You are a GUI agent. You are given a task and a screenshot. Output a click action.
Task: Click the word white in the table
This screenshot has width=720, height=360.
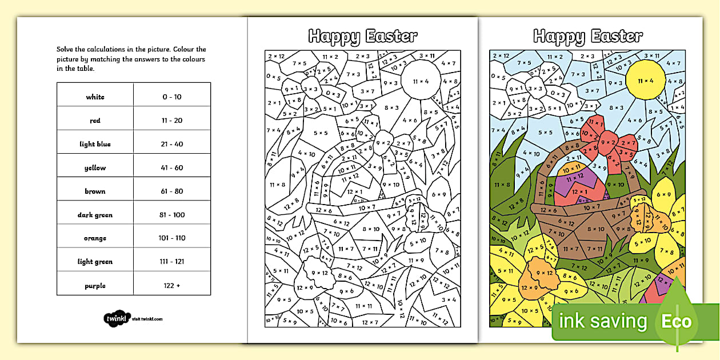pos(95,97)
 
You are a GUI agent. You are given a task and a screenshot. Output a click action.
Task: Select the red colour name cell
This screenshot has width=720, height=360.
pos(95,121)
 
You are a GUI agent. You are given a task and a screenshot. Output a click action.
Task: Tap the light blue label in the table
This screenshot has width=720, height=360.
pos(95,144)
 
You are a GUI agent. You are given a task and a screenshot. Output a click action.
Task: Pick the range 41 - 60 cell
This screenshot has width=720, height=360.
pos(172,168)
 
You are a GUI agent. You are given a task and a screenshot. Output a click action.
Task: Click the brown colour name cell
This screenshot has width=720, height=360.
pos(95,191)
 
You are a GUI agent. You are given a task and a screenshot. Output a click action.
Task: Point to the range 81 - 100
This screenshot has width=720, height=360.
pos(172,215)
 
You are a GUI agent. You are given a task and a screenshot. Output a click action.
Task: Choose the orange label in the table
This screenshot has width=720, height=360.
pos(95,238)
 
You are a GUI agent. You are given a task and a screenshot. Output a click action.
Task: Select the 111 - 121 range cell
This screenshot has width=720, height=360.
pos(172,262)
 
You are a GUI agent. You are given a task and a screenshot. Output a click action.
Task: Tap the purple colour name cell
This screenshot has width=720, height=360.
pos(95,286)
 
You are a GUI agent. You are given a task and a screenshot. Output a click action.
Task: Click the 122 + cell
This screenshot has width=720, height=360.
pos(172,286)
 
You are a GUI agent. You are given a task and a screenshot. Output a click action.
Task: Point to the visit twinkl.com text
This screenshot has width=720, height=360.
pos(147,319)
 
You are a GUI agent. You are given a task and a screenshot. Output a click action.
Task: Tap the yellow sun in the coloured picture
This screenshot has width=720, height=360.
pos(646,81)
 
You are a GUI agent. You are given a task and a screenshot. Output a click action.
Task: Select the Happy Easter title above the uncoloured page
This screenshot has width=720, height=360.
pos(363,37)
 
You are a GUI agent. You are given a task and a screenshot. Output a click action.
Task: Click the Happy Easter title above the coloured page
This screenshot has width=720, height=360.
pos(588,37)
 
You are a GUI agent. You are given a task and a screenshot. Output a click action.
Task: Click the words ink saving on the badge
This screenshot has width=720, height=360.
pos(603,322)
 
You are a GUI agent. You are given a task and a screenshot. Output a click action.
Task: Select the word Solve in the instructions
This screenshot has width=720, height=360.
pos(65,50)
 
